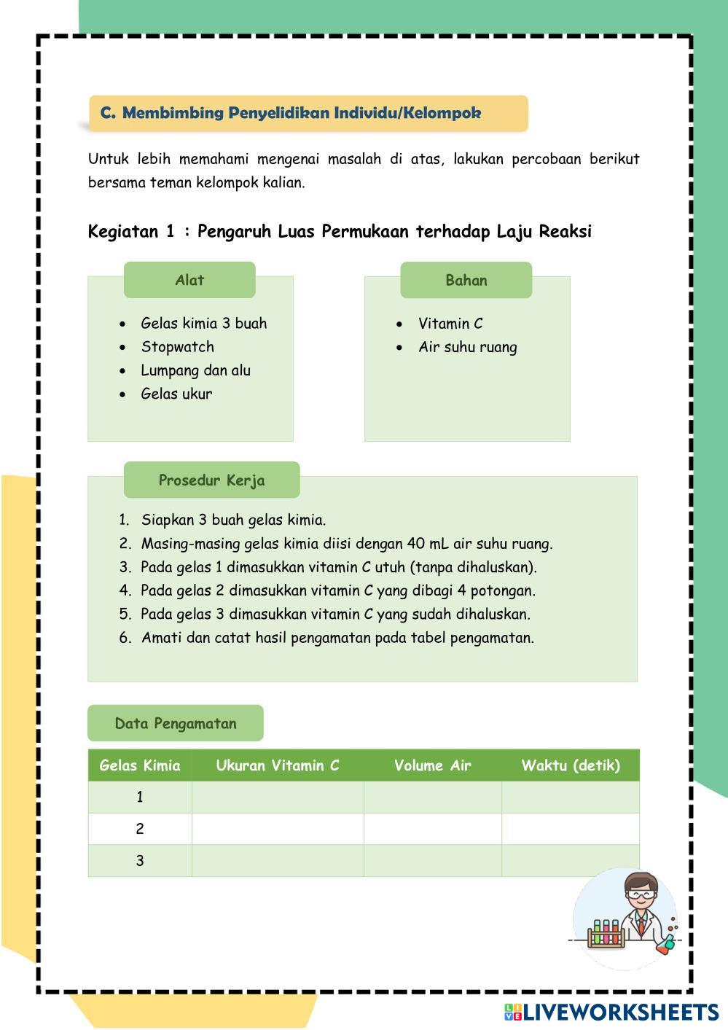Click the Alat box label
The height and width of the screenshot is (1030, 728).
189,280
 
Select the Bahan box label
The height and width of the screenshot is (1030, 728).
466,280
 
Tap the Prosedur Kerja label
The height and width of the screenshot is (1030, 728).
211,480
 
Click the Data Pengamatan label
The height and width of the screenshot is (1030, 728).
176,723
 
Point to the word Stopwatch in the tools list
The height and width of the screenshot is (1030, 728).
177,347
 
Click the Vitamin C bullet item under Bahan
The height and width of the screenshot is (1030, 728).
450,324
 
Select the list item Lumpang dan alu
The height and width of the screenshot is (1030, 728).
195,370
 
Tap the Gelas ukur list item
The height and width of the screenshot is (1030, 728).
176,394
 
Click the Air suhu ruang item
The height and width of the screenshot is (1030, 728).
467,347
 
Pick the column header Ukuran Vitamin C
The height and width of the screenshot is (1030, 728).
278,765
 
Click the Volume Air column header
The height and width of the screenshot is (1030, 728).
432,765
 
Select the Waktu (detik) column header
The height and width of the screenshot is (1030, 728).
571,765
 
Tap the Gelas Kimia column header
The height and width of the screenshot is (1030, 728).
140,765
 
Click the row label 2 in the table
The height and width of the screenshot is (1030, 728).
140,829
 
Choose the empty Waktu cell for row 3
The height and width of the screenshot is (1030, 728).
571,861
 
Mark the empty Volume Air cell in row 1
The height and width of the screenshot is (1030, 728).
432,797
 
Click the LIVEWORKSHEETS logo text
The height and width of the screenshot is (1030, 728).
620,1012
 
